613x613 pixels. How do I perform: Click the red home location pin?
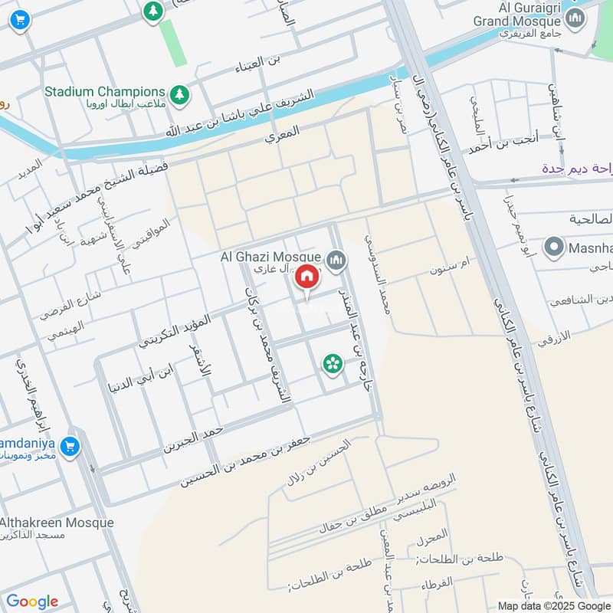306,277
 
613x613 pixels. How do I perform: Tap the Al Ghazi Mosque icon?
336,262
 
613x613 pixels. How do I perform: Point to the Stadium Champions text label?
104,91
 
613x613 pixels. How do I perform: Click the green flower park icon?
332,364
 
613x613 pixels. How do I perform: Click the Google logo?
31,602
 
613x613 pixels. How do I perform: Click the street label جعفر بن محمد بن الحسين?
244,463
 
